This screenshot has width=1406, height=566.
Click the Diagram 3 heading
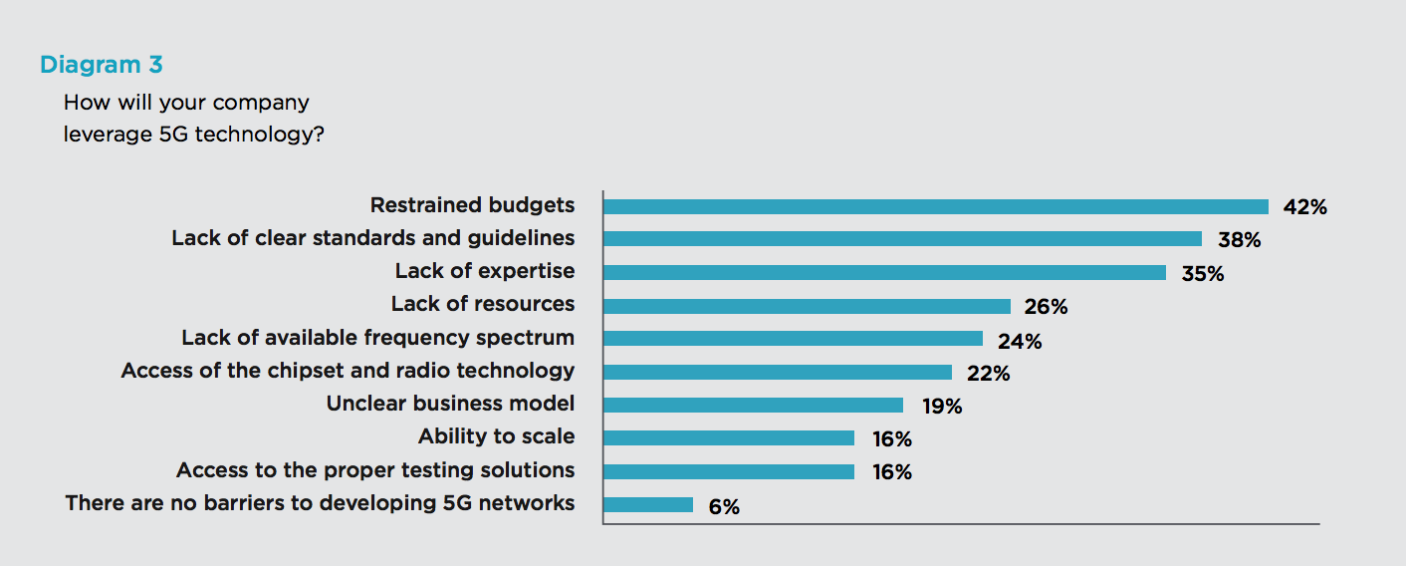pyautogui.click(x=101, y=66)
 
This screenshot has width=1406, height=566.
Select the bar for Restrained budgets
pyautogui.click(x=935, y=206)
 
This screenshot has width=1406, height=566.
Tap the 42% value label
pyautogui.click(x=1304, y=207)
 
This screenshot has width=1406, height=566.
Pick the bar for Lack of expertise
pyautogui.click(x=884, y=272)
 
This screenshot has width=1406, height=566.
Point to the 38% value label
pyautogui.click(x=1239, y=240)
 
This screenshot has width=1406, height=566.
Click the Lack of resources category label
pyautogui.click(x=482, y=304)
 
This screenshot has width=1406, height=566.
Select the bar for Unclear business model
pyautogui.click(x=753, y=405)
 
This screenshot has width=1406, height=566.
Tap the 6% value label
pyautogui.click(x=724, y=506)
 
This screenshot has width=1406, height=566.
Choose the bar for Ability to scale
pyautogui.click(x=729, y=437)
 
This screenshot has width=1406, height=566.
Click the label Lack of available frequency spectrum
pyautogui.click(x=377, y=338)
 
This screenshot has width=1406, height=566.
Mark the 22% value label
pyautogui.click(x=988, y=374)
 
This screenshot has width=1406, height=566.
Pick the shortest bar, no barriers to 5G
pyautogui.click(x=648, y=504)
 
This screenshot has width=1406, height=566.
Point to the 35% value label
pyautogui.click(x=1202, y=273)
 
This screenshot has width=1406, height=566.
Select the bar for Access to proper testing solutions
pyautogui.click(x=729, y=471)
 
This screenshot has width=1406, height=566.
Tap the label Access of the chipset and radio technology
pyautogui.click(x=348, y=371)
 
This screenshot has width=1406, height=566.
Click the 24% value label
pyautogui.click(x=1020, y=342)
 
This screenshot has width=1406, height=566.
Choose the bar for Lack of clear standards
pyautogui.click(x=902, y=239)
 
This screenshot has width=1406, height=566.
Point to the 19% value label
pyautogui.click(x=940, y=407)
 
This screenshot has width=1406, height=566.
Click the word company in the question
pyautogui.click(x=259, y=103)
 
